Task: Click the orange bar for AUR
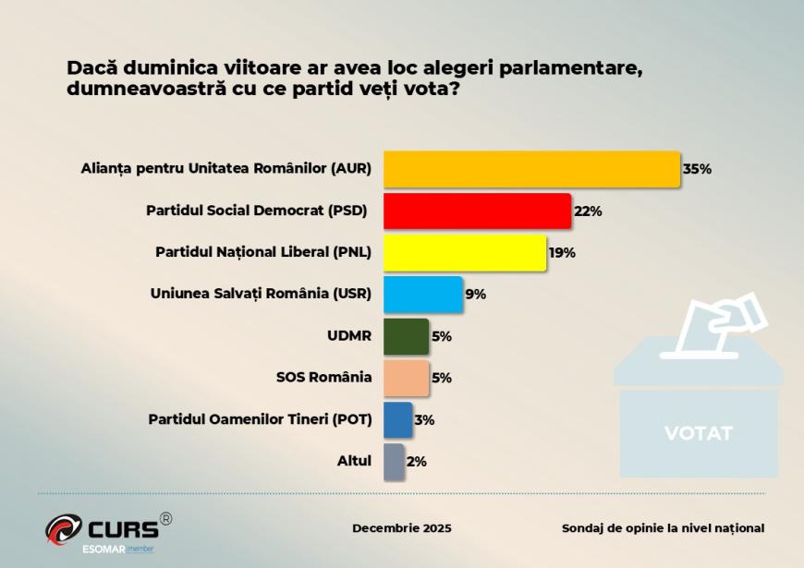click(x=531, y=169)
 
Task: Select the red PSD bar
click(x=477, y=211)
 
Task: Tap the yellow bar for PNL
click(x=464, y=252)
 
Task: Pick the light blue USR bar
click(x=422, y=295)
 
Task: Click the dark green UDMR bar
click(x=406, y=336)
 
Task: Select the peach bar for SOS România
click(x=406, y=378)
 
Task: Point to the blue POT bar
click(x=397, y=419)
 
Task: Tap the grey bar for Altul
click(x=394, y=461)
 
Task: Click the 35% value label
click(x=697, y=169)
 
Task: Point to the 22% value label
click(x=588, y=211)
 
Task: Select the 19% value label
click(x=561, y=252)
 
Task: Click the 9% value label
click(x=475, y=295)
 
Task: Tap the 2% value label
click(x=416, y=461)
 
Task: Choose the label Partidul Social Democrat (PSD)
click(x=257, y=211)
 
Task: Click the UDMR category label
click(x=349, y=336)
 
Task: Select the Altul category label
click(x=355, y=461)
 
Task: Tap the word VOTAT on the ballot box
click(x=698, y=433)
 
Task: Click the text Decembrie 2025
click(x=402, y=528)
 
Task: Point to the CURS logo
click(x=108, y=529)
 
